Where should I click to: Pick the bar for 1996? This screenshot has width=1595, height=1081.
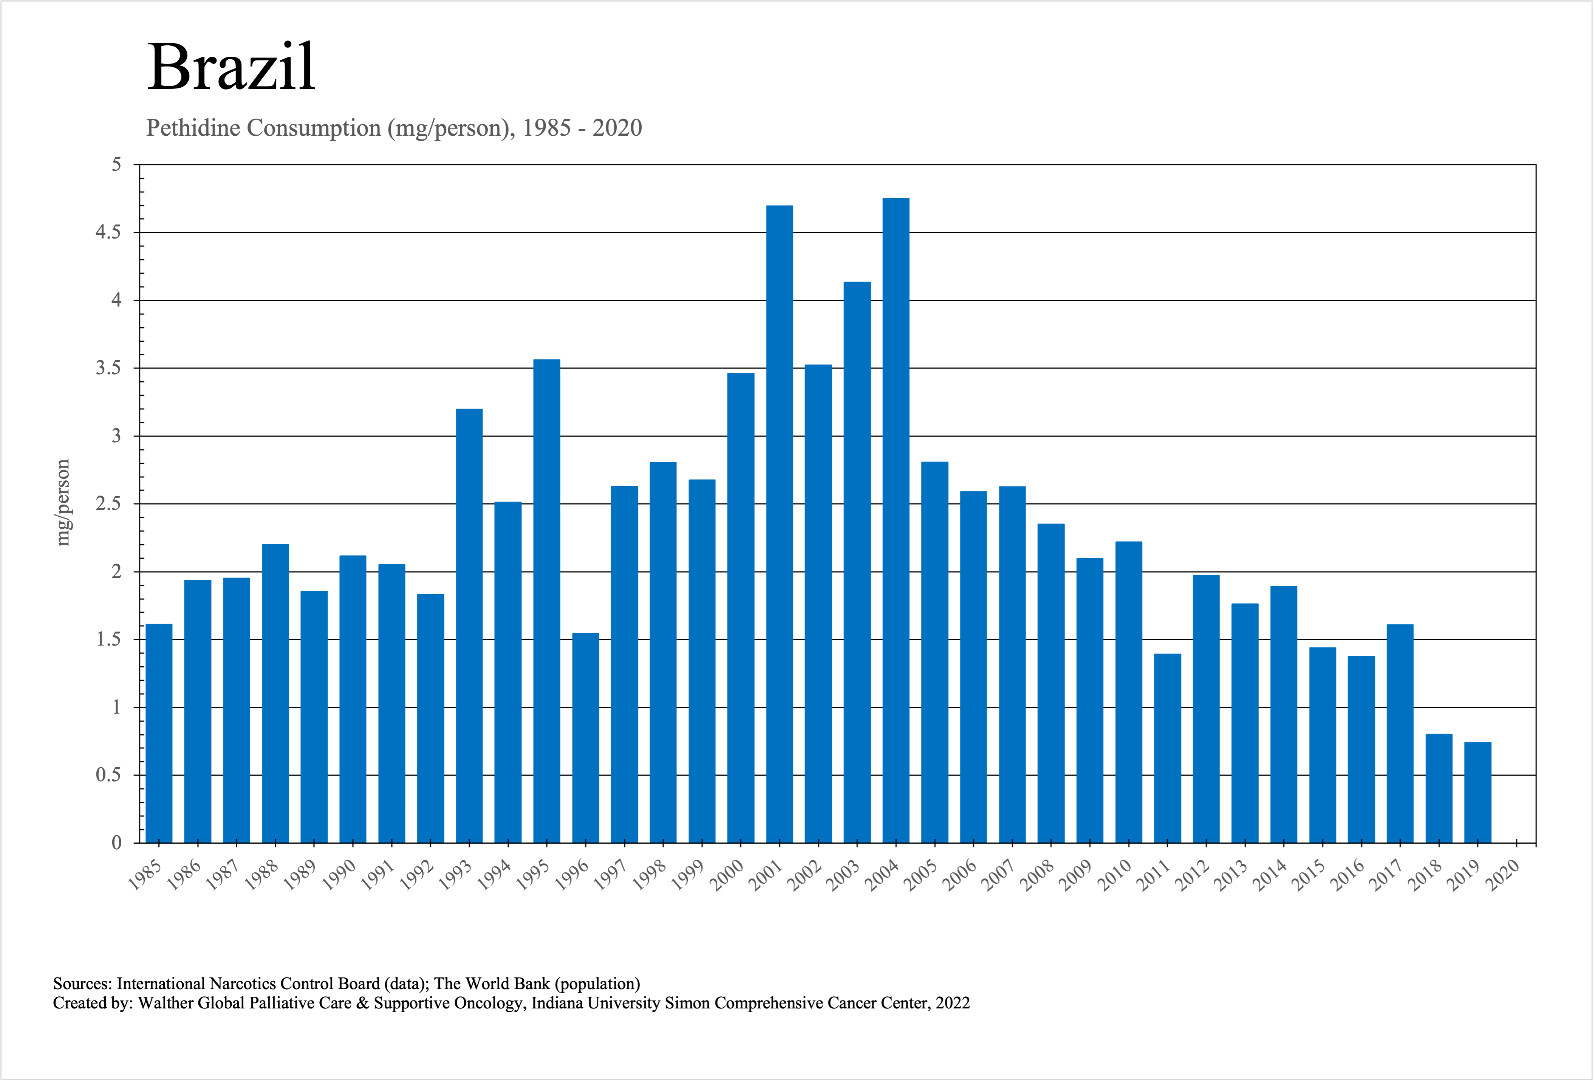(585, 738)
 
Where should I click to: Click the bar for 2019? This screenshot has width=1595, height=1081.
(1477, 792)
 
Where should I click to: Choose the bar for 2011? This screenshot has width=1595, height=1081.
(1167, 748)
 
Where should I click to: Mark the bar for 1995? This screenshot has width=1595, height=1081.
(546, 601)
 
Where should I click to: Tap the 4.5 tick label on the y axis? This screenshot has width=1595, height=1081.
(108, 233)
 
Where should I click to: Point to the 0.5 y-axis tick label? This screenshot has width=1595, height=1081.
(108, 775)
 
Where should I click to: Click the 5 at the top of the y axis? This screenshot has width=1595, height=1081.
(117, 165)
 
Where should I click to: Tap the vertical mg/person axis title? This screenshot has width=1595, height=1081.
(63, 502)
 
